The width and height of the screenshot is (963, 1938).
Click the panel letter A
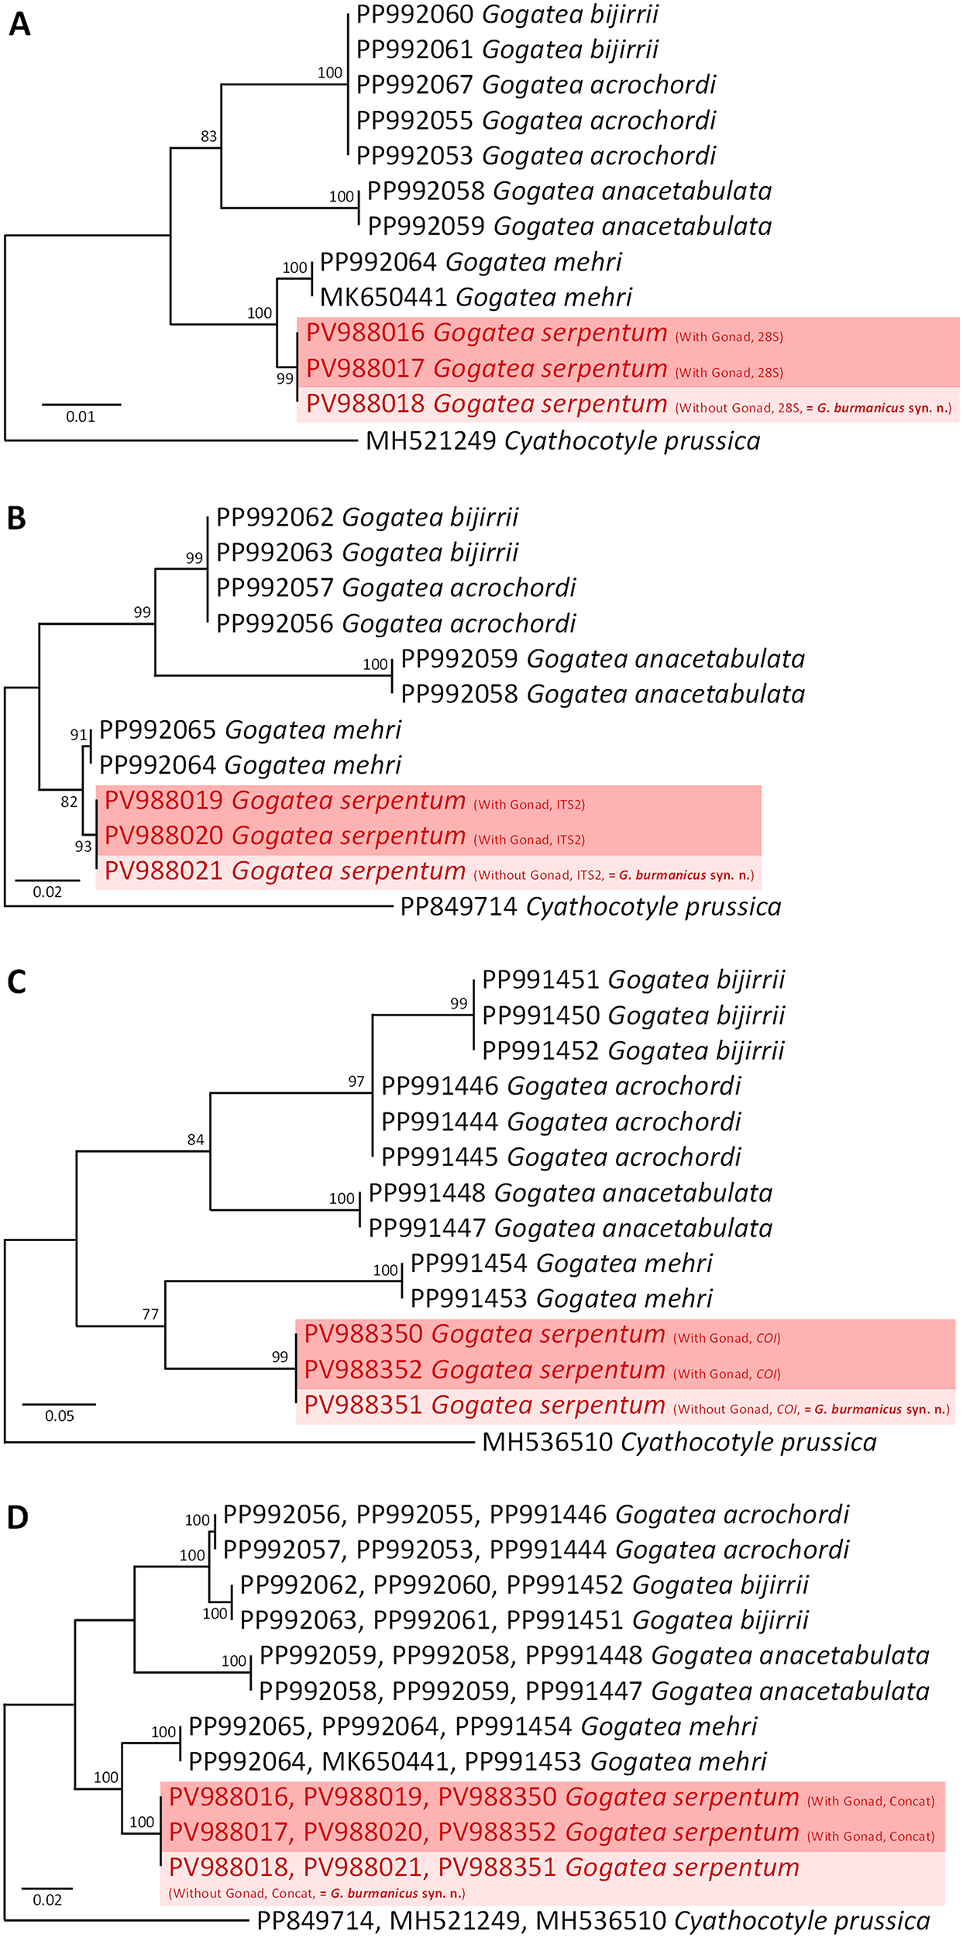19,25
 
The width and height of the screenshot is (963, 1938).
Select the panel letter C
17,982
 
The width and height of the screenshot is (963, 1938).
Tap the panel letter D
18,1518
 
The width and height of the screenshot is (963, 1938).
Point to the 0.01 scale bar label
81,417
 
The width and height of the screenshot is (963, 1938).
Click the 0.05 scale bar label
60,1416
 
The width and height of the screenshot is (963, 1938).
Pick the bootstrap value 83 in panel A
208,136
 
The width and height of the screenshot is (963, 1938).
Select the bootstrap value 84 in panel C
195,1140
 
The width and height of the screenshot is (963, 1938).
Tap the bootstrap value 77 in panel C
150,1314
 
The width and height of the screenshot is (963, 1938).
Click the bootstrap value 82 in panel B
69,802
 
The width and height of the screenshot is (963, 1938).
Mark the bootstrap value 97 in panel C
356,1081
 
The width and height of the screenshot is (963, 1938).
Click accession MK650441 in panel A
383,297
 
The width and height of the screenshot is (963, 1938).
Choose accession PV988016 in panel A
365,333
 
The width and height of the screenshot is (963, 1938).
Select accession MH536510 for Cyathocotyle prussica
547,1443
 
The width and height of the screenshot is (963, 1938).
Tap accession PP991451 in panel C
541,980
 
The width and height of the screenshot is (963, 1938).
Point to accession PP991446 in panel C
440,1086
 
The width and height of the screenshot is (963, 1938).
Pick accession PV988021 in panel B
163,871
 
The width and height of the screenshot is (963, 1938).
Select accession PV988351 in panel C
363,1405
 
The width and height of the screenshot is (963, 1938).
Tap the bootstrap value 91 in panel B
78,735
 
